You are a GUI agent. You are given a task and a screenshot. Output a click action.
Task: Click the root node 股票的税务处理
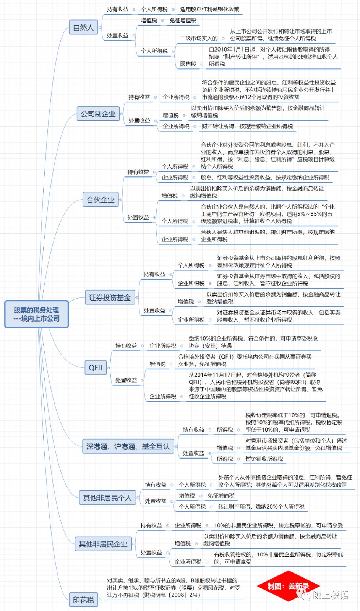tap(37, 314)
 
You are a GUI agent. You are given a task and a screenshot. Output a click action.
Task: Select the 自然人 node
tap(84, 27)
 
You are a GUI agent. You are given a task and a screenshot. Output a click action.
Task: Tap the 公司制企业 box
tap(98, 114)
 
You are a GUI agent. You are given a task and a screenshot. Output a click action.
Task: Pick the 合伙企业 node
tap(101, 199)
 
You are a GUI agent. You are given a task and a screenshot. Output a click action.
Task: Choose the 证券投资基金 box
tap(110, 297)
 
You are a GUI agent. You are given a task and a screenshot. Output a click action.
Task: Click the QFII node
tap(96, 368)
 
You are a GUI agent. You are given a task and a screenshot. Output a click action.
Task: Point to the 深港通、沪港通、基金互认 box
tap(128, 446)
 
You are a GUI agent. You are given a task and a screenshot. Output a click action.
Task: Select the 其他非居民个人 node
tap(107, 498)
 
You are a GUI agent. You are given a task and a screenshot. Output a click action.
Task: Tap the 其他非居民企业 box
tap(103, 544)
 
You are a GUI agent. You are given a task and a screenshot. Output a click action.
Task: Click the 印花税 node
tap(84, 600)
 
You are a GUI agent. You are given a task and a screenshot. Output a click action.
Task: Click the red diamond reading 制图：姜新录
tap(288, 586)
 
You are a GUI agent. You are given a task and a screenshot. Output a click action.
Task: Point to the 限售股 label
tap(188, 64)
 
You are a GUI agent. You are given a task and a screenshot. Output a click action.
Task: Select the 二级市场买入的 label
tap(199, 39)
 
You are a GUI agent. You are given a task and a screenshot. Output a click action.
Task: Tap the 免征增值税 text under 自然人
tap(183, 21)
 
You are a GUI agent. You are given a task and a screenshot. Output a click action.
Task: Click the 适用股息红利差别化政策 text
tap(209, 9)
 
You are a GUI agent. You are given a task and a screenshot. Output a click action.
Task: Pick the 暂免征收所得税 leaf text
tap(264, 459)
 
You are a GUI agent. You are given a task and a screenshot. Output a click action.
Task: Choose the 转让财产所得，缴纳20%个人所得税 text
tap(261, 506)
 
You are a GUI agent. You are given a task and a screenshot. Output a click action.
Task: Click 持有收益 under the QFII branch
tap(126, 346)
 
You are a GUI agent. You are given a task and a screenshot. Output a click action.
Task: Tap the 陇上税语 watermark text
tap(331, 595)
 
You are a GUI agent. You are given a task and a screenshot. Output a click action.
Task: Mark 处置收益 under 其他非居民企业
tap(151, 553)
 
